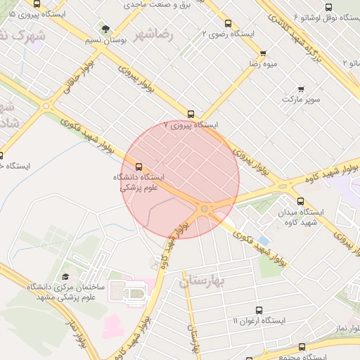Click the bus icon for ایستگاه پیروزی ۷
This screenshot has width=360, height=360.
pyautogui.click(x=191, y=114)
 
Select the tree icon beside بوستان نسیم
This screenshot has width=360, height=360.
pyautogui.click(x=105, y=29)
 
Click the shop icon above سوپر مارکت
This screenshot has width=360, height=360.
pyautogui.click(x=301, y=89)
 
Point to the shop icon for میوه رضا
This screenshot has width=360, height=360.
pyautogui.click(x=263, y=53)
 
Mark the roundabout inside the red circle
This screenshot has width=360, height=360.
pyautogui.click(x=205, y=209)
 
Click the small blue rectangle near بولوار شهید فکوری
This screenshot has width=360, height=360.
pyautogui.click(x=264, y=240)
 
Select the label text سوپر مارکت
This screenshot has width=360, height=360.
pyautogui.click(x=301, y=100)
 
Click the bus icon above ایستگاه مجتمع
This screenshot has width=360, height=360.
pyautogui.click(x=302, y=347)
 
